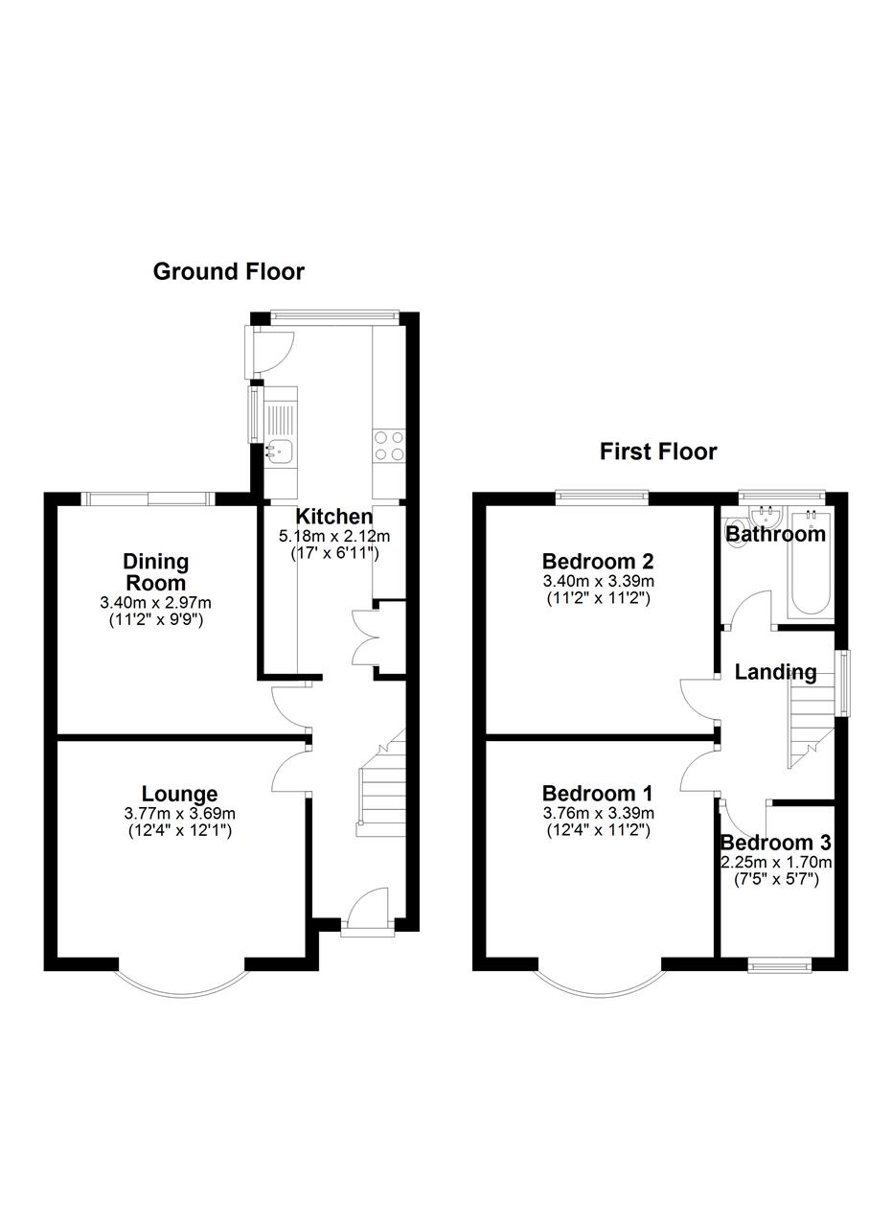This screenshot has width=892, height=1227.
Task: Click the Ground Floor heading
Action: (228, 271)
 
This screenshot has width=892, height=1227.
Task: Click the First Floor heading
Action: (658, 451)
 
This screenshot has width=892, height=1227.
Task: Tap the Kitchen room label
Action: (334, 516)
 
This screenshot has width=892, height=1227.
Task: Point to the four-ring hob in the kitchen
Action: (389, 446)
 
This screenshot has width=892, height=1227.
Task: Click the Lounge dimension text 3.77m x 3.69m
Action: (179, 814)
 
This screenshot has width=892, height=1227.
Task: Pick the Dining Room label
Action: (156, 572)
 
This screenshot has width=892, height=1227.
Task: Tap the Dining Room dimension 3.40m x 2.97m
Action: (155, 603)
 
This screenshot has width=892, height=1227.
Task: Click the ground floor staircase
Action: (381, 783)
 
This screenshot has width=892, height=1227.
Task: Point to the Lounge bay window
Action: (182, 986)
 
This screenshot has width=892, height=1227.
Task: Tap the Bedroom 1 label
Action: (598, 794)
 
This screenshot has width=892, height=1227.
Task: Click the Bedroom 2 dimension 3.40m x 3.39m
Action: (599, 581)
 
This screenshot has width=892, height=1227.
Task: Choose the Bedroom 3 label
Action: (775, 843)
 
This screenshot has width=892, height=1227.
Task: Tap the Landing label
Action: (775, 672)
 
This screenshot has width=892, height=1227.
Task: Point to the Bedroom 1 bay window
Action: (599, 986)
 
